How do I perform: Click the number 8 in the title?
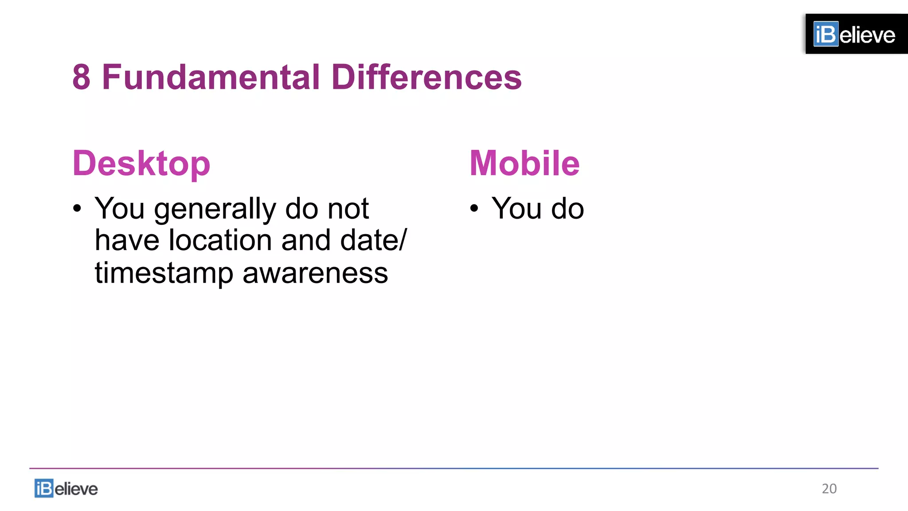pyautogui.click(x=82, y=77)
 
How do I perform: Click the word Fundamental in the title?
pyautogui.click(x=211, y=77)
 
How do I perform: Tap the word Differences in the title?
pyautogui.click(x=426, y=77)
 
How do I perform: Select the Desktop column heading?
pyautogui.click(x=141, y=164)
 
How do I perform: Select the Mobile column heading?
pyautogui.click(x=524, y=163)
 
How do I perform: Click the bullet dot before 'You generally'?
pyautogui.click(x=78, y=208)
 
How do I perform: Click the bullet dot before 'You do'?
pyautogui.click(x=474, y=208)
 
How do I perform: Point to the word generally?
pyautogui.click(x=215, y=209)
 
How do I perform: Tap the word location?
pyautogui.click(x=220, y=240)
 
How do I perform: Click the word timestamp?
pyautogui.click(x=164, y=273)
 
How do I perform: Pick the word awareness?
pyautogui.click(x=315, y=273)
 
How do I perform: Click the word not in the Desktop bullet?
pyautogui.click(x=348, y=208)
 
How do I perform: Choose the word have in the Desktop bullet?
pyautogui.click(x=127, y=240)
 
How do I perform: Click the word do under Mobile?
pyautogui.click(x=567, y=208)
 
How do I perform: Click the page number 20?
pyautogui.click(x=829, y=488)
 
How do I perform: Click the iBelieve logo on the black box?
pyautogui.click(x=854, y=34)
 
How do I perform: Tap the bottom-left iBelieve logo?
pyautogui.click(x=66, y=488)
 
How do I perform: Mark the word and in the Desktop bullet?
pyautogui.click(x=306, y=240)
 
